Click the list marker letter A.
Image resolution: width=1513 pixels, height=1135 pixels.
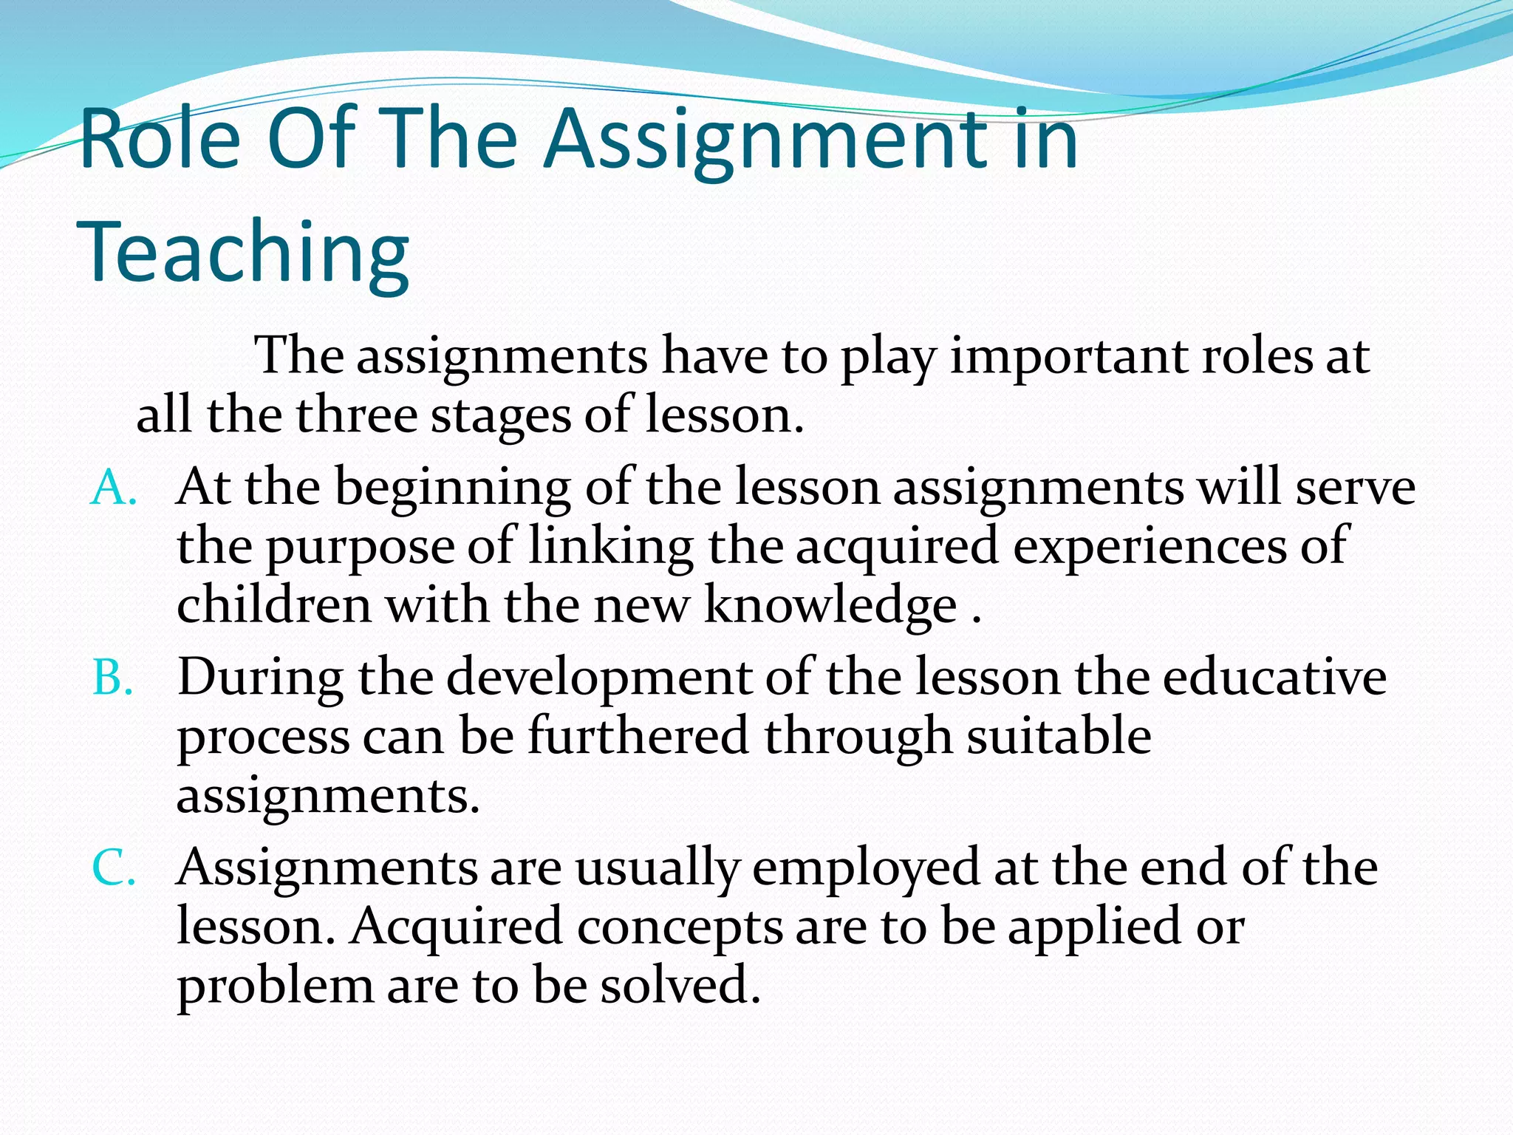[x=112, y=490]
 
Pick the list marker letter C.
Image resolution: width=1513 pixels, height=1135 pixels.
[x=113, y=868]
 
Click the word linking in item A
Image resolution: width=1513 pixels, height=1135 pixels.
[x=611, y=548]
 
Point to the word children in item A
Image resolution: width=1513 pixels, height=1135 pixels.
[x=274, y=605]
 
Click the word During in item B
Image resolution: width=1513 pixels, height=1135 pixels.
[x=261, y=679]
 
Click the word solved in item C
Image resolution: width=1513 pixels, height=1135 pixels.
[x=680, y=986]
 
